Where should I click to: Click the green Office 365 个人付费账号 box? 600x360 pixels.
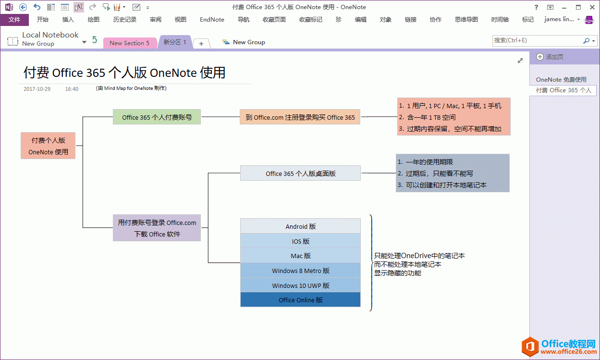click(157, 117)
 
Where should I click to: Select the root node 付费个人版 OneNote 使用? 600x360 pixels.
click(48, 146)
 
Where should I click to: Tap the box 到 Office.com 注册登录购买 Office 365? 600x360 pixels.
click(300, 117)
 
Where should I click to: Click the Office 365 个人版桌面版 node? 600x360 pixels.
click(300, 174)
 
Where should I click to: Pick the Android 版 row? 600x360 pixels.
click(300, 226)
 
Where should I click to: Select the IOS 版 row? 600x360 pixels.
click(300, 241)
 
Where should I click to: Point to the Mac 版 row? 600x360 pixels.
click(300, 256)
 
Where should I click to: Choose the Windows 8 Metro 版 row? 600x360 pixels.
click(300, 271)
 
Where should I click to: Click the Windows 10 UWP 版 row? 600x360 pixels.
click(300, 286)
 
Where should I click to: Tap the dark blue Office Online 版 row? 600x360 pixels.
click(300, 300)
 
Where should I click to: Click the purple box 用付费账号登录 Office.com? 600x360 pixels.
click(157, 228)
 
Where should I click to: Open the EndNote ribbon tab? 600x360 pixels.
click(212, 20)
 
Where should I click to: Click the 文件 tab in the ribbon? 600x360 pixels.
click(14, 20)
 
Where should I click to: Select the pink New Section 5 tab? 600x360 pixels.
click(129, 43)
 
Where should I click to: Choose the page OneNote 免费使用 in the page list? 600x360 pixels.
click(561, 80)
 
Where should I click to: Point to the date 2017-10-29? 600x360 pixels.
click(37, 89)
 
